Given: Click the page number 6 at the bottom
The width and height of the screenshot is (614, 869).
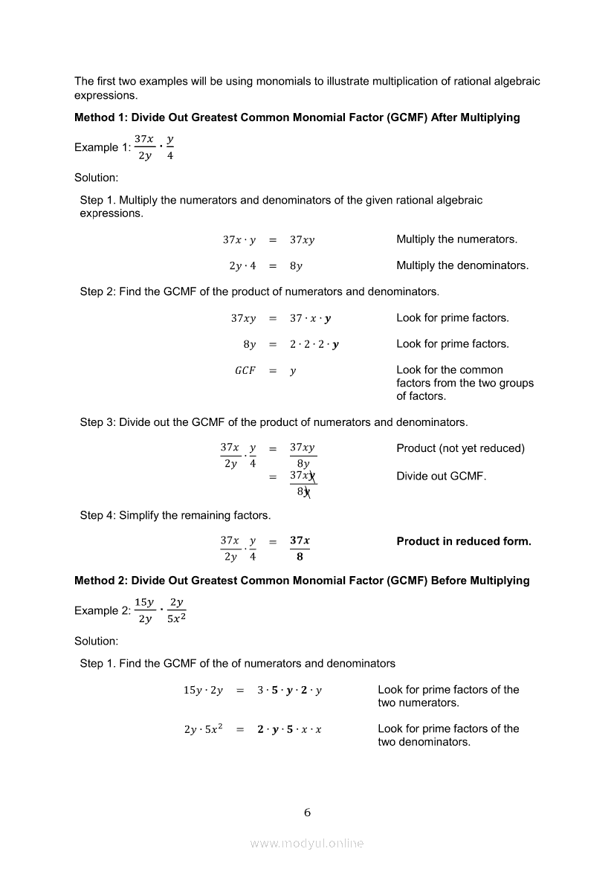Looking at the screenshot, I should coord(307,813).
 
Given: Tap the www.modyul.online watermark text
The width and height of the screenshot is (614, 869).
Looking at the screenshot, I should coord(307,843).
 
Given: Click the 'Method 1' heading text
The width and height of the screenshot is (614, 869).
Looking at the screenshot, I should coord(297,117).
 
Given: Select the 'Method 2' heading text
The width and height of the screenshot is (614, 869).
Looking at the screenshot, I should coord(302,581).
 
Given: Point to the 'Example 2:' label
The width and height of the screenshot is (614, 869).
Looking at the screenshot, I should coord(102,610).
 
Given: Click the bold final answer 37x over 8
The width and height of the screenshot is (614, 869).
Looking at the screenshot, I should coord(300,549).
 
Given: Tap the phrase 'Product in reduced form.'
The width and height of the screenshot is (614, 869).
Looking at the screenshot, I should coord(464,541).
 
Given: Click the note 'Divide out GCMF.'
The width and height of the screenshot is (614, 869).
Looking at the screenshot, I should coord(441,476).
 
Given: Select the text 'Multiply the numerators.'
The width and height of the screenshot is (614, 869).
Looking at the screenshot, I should coord(456,239).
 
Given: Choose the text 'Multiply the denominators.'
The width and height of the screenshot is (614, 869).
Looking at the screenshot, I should coord(462,265).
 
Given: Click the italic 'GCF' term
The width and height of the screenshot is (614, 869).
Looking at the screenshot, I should coord(245,370).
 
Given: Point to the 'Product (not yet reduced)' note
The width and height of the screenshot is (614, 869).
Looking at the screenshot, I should coord(460,448).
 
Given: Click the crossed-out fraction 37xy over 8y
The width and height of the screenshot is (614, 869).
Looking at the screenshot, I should coord(303,483).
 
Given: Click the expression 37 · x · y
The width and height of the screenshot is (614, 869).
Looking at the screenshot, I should coord(310,318).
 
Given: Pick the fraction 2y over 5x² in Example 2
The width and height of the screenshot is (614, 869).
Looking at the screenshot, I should coord(176,610).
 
